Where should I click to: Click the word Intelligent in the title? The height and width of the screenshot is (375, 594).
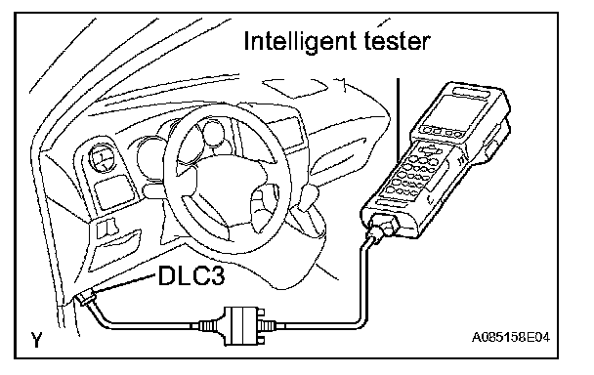300,42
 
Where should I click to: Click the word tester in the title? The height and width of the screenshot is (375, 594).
397,41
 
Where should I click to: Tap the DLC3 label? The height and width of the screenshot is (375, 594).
191,274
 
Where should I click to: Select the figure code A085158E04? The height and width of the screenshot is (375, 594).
510,337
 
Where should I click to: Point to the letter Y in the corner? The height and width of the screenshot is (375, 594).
36,340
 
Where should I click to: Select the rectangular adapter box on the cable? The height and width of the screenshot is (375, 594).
241,326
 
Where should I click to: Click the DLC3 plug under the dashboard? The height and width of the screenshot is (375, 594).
85,299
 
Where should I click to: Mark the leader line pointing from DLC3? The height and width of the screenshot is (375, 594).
125,283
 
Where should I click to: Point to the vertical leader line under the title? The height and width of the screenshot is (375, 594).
398,120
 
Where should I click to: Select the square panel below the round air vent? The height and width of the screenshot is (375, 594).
113,193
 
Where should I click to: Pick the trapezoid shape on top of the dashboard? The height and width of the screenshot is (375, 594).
296,88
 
